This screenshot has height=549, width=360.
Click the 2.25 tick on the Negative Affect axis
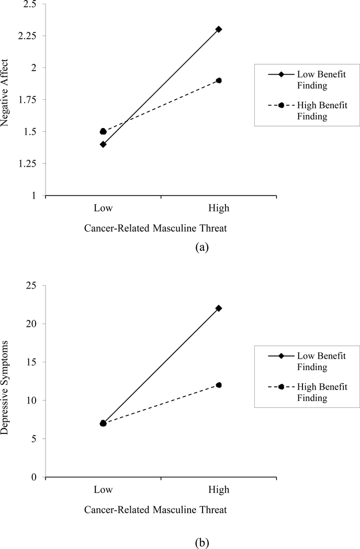[30, 36]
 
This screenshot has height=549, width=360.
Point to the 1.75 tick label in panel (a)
[30, 100]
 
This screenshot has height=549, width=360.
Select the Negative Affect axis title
[7, 99]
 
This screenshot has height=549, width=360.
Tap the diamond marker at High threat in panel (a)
[219, 29]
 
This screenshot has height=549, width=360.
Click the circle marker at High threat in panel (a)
[219, 81]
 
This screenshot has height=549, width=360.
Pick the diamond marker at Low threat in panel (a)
[103, 144]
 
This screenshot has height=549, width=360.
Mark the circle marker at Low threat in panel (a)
[103, 131]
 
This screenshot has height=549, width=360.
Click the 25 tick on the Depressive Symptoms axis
[35, 285]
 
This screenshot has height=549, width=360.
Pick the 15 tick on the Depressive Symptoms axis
[35, 362]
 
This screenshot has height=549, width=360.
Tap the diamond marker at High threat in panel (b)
[219, 308]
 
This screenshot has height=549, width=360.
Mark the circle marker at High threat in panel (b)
[219, 385]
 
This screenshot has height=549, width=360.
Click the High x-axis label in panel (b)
[219, 489]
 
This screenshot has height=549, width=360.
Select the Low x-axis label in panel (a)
[103, 208]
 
